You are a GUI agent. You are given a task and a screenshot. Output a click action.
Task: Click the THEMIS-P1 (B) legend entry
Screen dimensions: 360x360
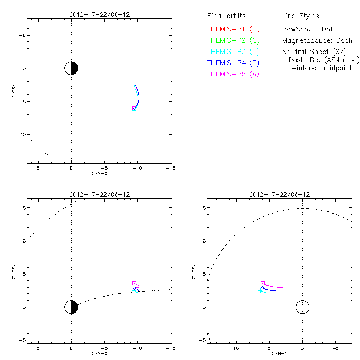233,29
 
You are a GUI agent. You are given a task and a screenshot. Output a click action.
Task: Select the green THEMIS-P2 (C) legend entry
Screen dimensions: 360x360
233,40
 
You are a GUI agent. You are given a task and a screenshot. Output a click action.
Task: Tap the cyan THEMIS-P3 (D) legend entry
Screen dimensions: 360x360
233,52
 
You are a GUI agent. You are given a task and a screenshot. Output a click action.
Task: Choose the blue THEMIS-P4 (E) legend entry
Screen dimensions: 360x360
233,63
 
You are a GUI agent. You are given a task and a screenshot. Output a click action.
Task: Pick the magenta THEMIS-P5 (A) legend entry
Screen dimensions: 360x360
233,74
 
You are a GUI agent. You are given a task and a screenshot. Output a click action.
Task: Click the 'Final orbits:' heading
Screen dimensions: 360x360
227,16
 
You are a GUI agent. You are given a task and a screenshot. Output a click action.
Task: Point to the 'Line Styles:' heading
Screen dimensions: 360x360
301,16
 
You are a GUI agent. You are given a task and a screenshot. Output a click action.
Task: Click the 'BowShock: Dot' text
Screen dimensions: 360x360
307,29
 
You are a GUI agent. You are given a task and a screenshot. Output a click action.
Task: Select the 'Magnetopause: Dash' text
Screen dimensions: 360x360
317,40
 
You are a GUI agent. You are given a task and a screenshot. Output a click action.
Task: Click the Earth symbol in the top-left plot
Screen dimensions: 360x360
71,68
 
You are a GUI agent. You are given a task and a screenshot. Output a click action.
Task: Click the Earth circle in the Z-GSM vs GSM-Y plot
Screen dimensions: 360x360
302,307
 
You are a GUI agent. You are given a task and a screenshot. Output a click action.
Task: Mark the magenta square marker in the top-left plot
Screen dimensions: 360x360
134,108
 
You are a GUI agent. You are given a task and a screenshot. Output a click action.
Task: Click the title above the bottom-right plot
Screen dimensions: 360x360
279,194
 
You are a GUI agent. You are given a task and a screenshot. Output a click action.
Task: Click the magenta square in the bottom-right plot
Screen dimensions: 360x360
262,283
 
